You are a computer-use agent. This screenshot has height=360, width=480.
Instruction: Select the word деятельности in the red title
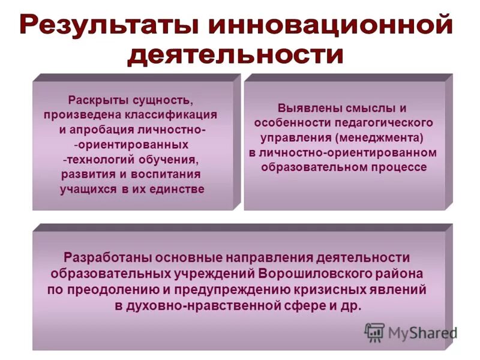coord(236,56)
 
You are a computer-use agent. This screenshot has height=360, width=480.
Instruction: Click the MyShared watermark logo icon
coord(374,332)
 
